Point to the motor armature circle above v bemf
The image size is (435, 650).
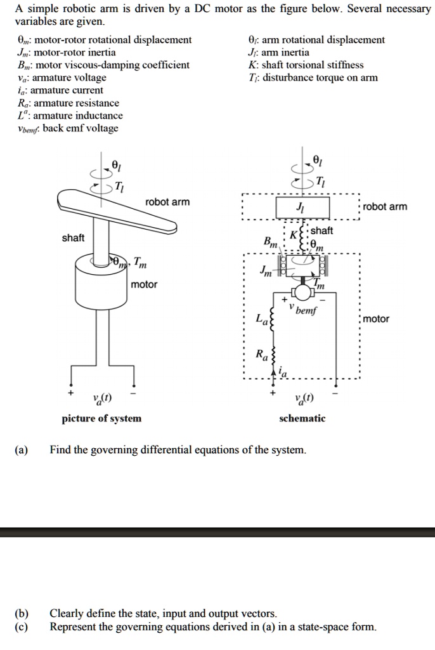(x=304, y=291)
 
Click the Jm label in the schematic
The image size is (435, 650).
(x=266, y=272)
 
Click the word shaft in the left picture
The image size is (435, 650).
(x=72, y=237)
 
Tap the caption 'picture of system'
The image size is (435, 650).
(x=101, y=418)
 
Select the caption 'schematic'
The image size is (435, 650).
(x=302, y=418)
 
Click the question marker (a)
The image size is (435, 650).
(x=22, y=450)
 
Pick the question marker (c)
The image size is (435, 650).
(x=22, y=627)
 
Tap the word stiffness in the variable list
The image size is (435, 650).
(x=343, y=65)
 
